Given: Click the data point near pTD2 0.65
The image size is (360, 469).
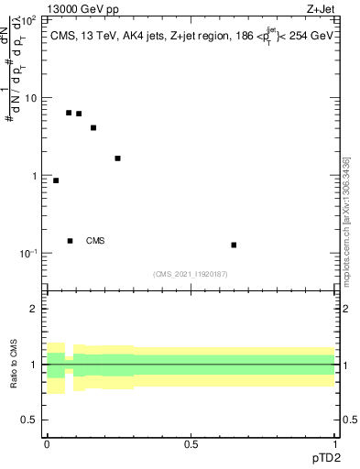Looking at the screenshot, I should [x=235, y=245].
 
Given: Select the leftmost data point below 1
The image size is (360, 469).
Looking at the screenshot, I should [x=56, y=180].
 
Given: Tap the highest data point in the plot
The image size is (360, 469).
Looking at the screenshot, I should [x=69, y=113].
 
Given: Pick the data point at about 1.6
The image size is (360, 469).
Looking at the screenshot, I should [x=117, y=158].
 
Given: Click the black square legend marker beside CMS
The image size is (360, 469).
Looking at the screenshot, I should [x=71, y=241].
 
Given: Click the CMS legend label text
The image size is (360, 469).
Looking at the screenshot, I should [x=95, y=241].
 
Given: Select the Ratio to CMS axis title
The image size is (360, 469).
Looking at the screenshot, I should [x=15, y=365].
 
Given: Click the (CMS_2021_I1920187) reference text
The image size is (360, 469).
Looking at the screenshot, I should [x=191, y=274].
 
